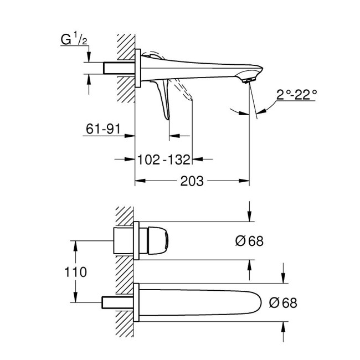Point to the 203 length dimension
(192, 181)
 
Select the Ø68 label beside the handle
(248, 241)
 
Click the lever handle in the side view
(164, 100)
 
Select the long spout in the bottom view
(199, 302)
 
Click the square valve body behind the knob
(124, 241)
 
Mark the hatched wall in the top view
(125, 66)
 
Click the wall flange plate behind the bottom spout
(136, 302)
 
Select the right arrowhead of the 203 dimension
(245, 181)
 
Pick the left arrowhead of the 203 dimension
(139, 181)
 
